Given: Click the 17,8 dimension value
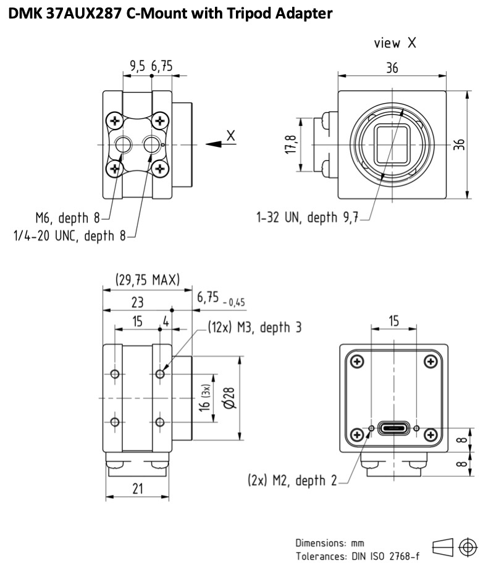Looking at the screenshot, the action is pos(291,144).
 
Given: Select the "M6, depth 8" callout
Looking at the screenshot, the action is pos(68,218).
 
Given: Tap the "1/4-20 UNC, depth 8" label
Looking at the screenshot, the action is pos(70,236).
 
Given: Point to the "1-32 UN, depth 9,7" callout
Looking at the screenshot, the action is pos(307,217).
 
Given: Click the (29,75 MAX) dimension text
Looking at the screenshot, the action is pos(148,280).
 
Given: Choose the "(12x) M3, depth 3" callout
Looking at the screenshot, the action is pos(254,327).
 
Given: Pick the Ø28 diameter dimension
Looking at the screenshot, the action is pos(229,398).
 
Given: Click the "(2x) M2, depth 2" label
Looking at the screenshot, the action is pos(293,480).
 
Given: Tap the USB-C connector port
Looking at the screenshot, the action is pos(394,428).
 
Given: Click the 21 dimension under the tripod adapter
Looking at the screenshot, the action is pos(137,489).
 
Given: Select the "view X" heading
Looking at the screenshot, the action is pos(395,43).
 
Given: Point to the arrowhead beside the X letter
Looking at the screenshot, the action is pos(214,144).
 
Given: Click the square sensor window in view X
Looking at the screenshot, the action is pos(392,144).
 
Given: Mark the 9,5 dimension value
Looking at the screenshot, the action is pos(137,66).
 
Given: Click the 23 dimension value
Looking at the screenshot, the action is pos(137,302).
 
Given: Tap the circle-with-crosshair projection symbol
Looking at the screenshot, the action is pos(468,547).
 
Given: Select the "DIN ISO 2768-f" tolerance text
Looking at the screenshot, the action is pos(385,557).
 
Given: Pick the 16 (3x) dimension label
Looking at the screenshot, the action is pos(204,398).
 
